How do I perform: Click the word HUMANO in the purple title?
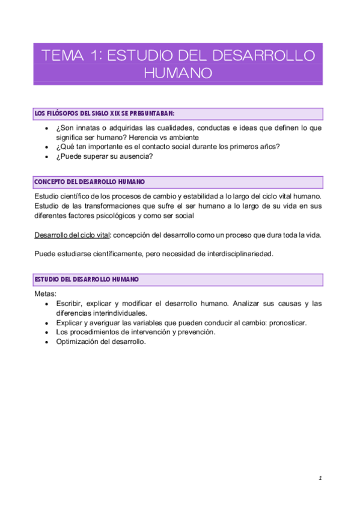click(178, 73)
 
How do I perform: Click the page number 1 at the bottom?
click(320, 478)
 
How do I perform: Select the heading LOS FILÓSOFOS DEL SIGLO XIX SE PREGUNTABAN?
click(105, 113)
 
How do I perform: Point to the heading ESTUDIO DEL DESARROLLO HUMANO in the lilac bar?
click(87, 280)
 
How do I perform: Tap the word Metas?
click(45, 293)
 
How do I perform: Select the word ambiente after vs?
click(181, 138)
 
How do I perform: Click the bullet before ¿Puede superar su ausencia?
click(47, 158)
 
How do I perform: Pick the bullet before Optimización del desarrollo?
click(47, 342)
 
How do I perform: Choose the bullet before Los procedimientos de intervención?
click(47, 332)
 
